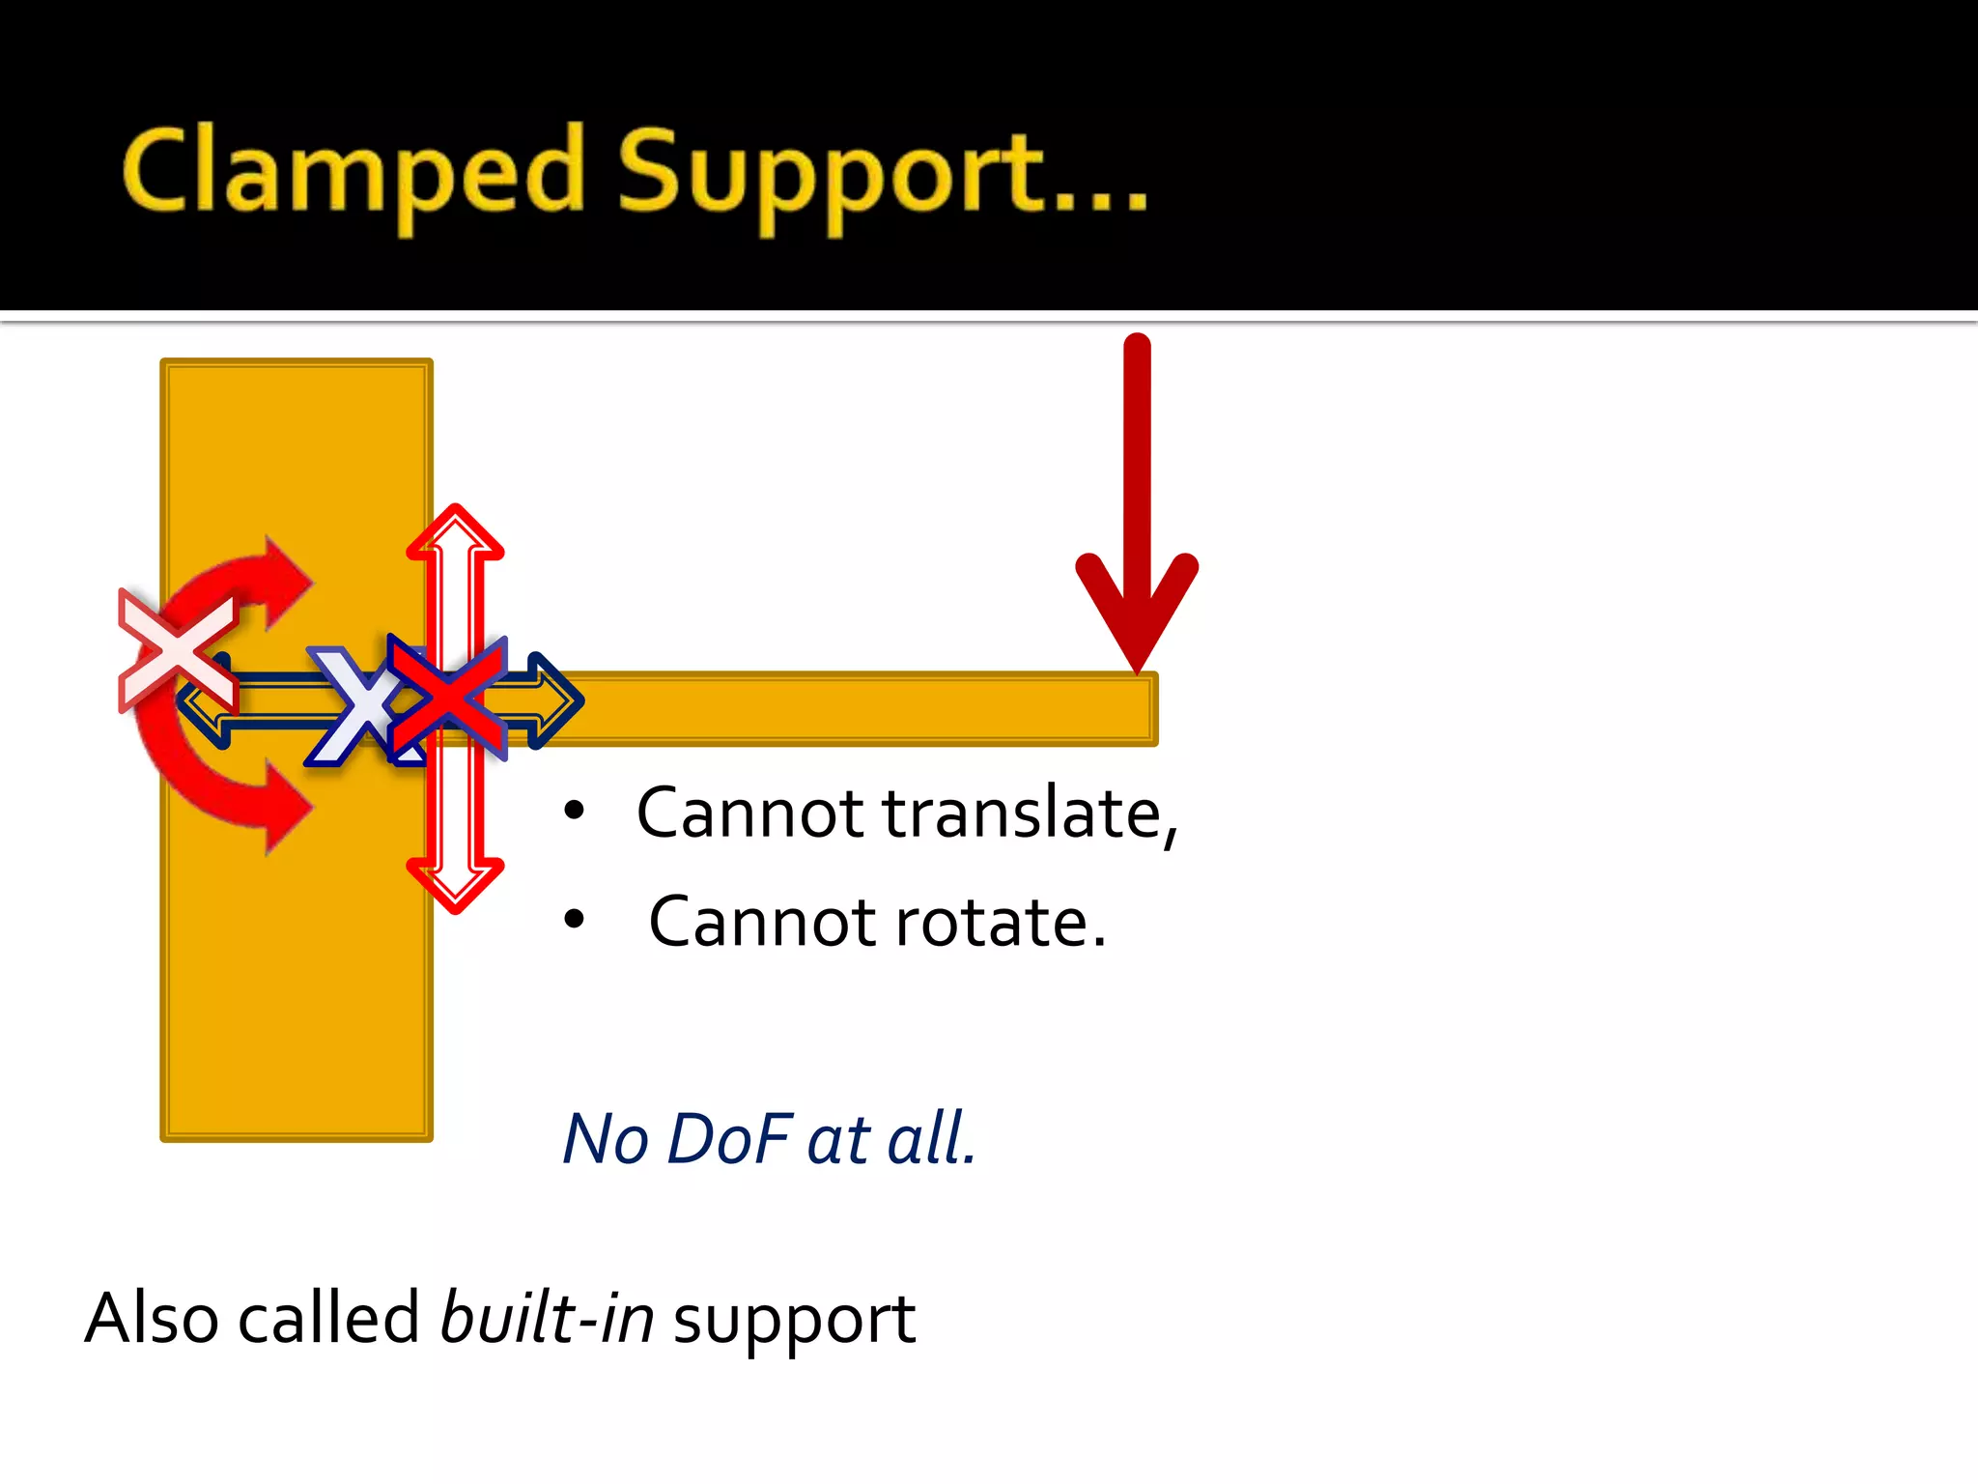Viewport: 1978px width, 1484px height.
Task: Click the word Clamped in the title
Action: pyautogui.click(x=353, y=172)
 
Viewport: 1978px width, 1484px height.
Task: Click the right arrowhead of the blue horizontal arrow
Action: pyautogui.click(x=558, y=699)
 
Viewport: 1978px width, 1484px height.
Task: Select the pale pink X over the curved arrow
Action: pyautogui.click(x=177, y=651)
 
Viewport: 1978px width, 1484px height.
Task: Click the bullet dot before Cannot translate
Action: pyautogui.click(x=575, y=812)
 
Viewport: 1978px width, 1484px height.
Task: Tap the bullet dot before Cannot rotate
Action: pyautogui.click(x=575, y=920)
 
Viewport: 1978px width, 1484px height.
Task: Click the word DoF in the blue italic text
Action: pyautogui.click(x=729, y=1139)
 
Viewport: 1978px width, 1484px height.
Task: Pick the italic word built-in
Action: pyautogui.click(x=547, y=1318)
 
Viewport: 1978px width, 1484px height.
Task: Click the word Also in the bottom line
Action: pyautogui.click(x=152, y=1318)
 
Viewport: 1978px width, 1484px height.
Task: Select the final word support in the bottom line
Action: pyautogui.click(x=794, y=1322)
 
